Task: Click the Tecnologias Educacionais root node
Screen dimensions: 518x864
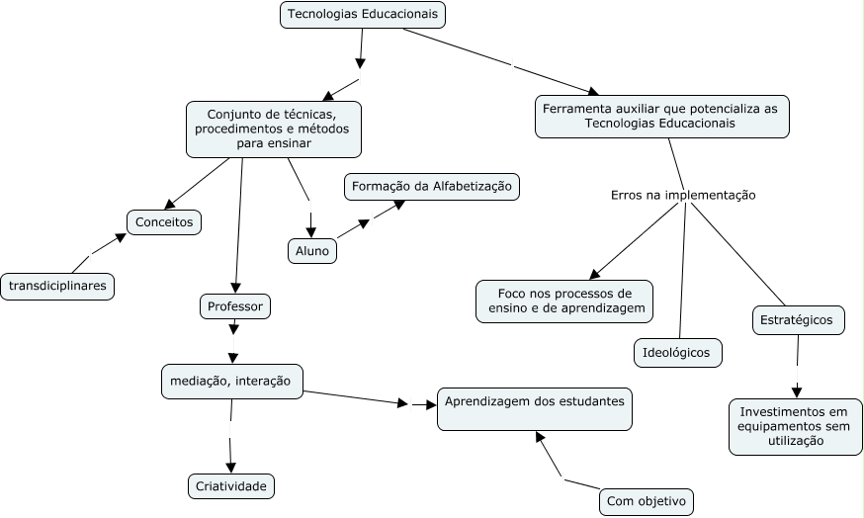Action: click(x=363, y=15)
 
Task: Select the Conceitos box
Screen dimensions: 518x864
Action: click(x=164, y=222)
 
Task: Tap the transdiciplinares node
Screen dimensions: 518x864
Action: click(x=58, y=287)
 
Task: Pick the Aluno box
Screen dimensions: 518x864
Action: click(x=311, y=251)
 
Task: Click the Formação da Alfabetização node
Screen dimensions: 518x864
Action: click(x=432, y=186)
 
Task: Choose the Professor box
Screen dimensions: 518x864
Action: click(x=234, y=306)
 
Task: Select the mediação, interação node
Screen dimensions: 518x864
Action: click(x=231, y=381)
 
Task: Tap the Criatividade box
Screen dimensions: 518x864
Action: click(x=230, y=485)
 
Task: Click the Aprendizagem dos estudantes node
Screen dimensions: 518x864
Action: click(x=535, y=408)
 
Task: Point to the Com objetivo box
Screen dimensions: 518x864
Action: click(x=646, y=501)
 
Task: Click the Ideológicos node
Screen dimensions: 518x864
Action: click(x=677, y=352)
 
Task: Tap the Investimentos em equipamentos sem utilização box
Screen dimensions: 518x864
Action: click(x=795, y=426)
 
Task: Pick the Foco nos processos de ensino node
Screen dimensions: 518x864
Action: click(x=564, y=302)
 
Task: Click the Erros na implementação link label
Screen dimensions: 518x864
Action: click(x=683, y=196)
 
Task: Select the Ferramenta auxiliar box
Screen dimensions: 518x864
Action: click(x=661, y=116)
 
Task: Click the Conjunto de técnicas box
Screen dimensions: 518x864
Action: click(x=273, y=129)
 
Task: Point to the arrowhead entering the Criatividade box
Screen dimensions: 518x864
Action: click(x=230, y=468)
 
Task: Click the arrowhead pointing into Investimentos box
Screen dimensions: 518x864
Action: click(x=797, y=391)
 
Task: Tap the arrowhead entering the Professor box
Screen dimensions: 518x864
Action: click(x=234, y=287)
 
